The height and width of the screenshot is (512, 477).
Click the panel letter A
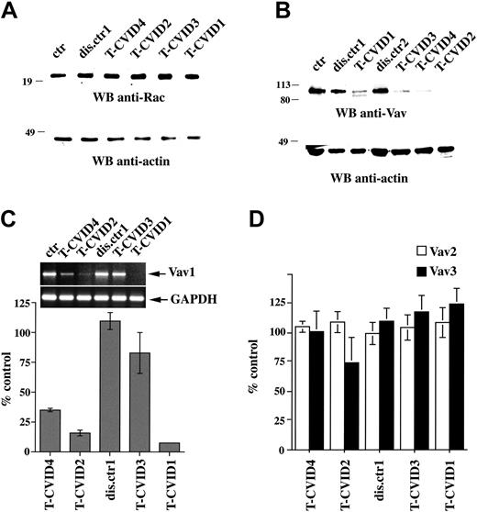(x=12, y=13)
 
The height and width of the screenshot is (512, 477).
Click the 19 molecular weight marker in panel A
(x=28, y=82)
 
